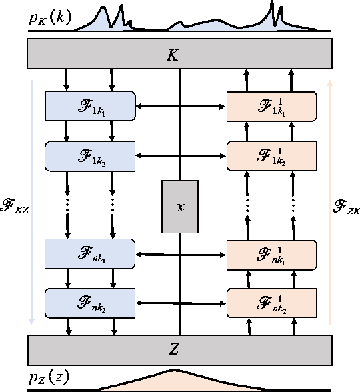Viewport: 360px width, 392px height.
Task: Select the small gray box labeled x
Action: pyautogui.click(x=180, y=206)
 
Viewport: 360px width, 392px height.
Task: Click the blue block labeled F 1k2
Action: pyautogui.click(x=90, y=155)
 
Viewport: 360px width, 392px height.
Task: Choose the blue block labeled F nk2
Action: pyautogui.click(x=90, y=303)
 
